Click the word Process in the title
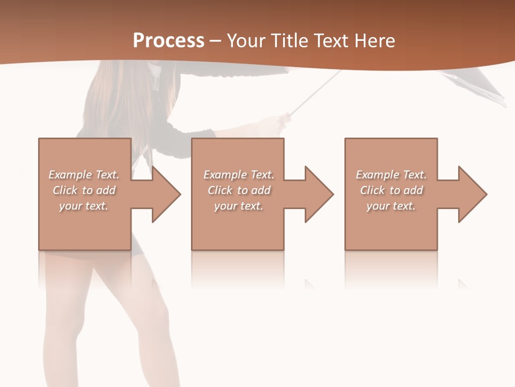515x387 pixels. [168, 41]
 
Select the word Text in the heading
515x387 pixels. [332, 41]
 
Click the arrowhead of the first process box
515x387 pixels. [166, 194]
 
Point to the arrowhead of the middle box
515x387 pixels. [319, 194]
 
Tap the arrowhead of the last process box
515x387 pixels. [473, 194]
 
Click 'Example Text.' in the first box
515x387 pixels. [84, 175]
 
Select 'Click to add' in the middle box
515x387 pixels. [239, 190]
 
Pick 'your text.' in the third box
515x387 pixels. [391, 206]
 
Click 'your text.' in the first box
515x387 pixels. [84, 206]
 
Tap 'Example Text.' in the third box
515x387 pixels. [391, 175]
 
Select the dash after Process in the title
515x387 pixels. [215, 41]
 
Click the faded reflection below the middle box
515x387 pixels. [238, 269]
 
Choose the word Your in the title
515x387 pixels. [246, 41]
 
